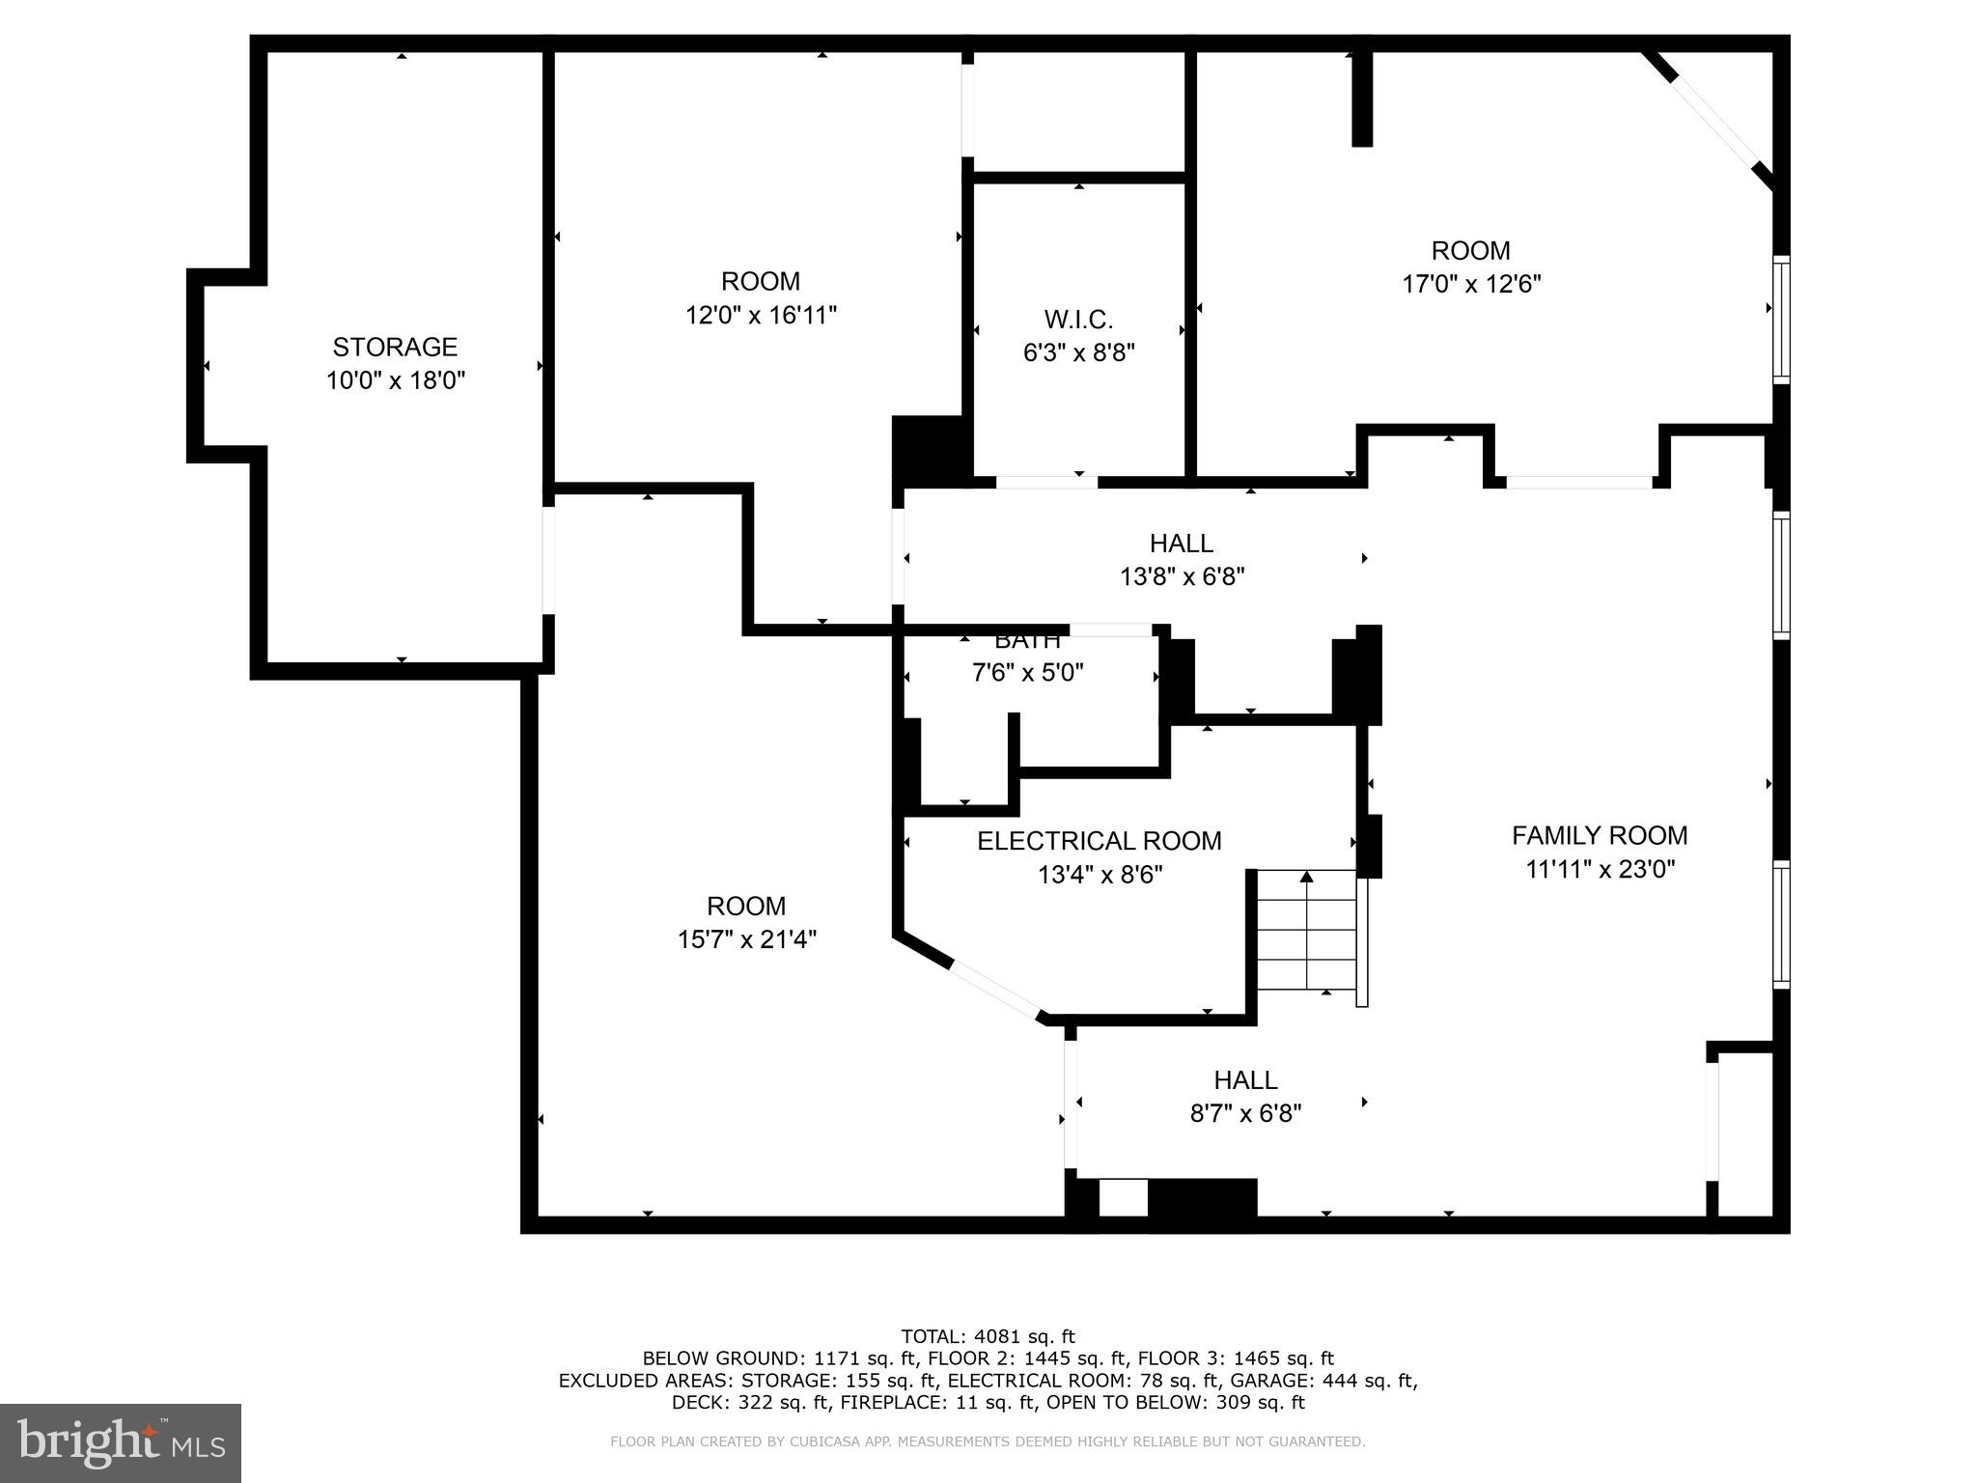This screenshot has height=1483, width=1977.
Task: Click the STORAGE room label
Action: [x=395, y=347]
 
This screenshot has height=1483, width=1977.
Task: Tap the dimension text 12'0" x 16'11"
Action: [x=761, y=316]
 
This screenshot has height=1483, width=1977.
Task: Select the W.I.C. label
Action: [x=1078, y=320]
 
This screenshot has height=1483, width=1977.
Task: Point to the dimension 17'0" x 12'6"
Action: [x=1470, y=285]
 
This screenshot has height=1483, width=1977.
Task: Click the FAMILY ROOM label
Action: [x=1599, y=835]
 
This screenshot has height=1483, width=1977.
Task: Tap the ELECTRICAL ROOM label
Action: [x=1099, y=841]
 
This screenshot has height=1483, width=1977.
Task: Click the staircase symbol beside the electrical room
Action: [x=1307, y=930]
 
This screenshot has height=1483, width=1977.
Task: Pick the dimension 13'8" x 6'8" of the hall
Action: [x=1182, y=577]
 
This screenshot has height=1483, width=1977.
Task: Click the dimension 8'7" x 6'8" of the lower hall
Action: [x=1245, y=1114]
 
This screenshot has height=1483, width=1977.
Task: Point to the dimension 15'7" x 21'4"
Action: [x=746, y=939]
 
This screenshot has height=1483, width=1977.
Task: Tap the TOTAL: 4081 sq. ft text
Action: [x=988, y=1337]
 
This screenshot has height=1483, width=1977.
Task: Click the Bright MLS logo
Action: [x=121, y=1443]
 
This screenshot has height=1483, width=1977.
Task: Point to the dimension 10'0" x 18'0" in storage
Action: [x=395, y=381]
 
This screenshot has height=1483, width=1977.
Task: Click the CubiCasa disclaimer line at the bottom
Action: [x=988, y=1441]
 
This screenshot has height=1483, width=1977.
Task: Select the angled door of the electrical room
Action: [x=995, y=990]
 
